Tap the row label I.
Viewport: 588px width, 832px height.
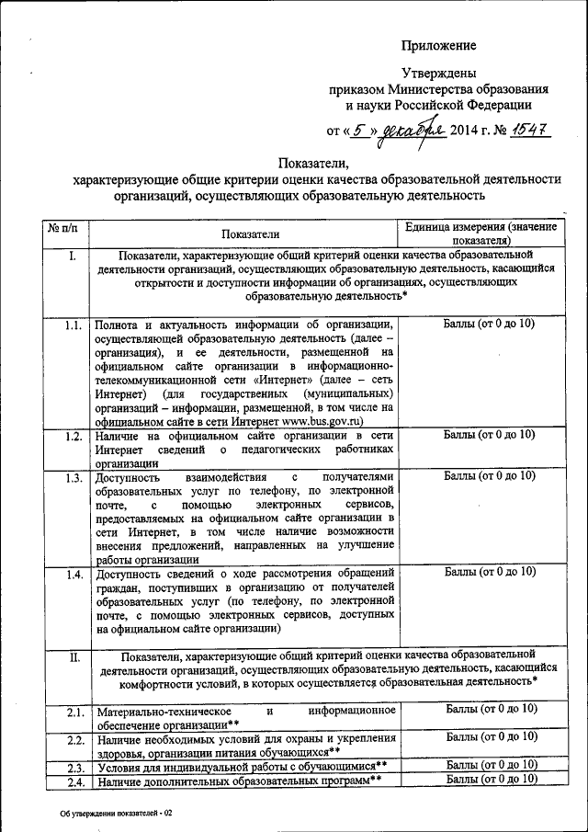(x=72, y=255)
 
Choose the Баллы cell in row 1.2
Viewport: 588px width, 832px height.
(x=490, y=435)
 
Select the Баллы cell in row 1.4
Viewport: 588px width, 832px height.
(x=490, y=572)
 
